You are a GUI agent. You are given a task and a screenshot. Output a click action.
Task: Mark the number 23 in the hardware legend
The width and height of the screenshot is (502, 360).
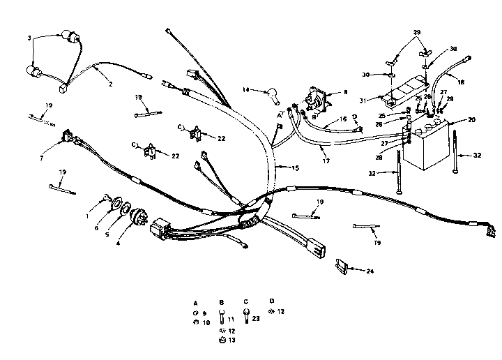(257, 317)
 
